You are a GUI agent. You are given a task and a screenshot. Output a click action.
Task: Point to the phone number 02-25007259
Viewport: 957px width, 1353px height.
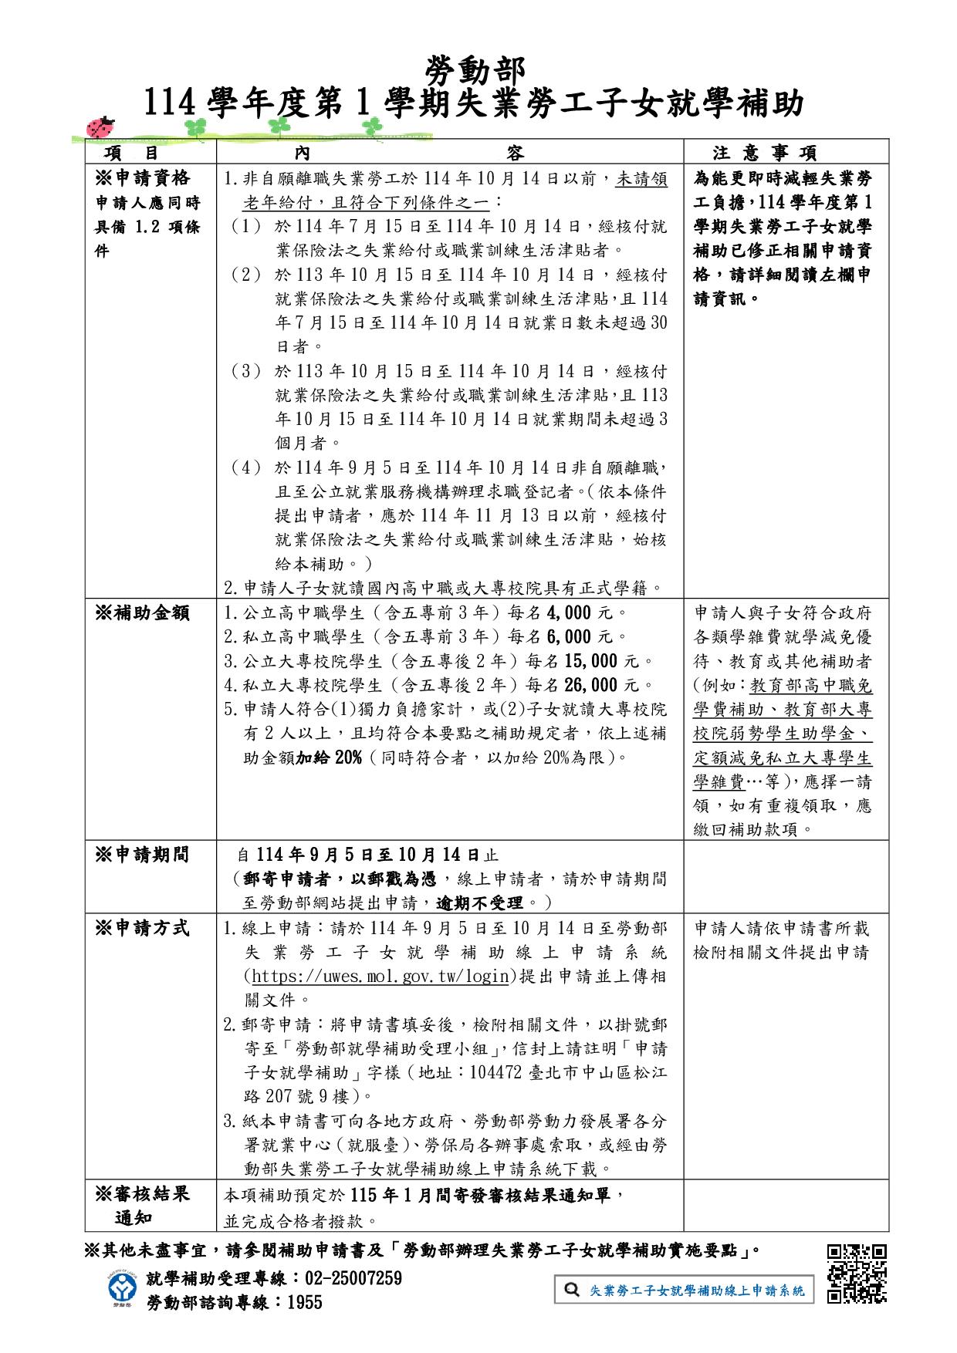(x=354, y=1278)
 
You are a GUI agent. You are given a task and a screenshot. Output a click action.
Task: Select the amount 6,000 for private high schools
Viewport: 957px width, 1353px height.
(x=569, y=637)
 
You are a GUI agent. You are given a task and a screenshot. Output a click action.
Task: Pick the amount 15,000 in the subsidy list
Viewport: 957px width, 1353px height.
(x=591, y=661)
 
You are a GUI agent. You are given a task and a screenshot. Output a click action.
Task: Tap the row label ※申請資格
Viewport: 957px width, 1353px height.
(x=142, y=179)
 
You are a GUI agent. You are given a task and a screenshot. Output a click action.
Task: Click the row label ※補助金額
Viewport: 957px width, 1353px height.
(x=142, y=613)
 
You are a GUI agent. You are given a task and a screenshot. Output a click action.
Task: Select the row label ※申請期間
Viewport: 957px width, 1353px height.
(x=142, y=855)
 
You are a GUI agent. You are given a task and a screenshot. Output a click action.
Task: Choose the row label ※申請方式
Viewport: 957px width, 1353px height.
(x=142, y=927)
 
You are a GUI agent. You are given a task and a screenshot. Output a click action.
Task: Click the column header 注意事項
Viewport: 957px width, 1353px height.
(x=764, y=153)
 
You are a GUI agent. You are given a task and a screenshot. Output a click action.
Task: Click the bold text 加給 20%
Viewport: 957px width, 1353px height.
(x=329, y=757)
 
